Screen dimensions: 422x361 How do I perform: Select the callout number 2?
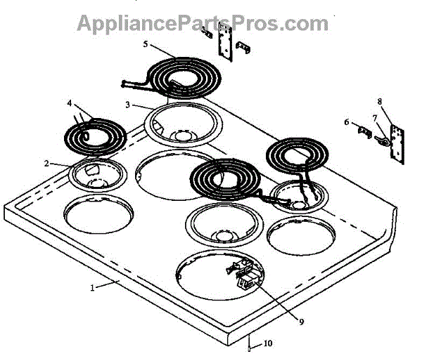point(46,163)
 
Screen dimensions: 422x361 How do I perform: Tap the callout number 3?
point(128,105)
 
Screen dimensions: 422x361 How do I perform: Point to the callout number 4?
point(70,103)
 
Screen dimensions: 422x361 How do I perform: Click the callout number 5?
point(146,44)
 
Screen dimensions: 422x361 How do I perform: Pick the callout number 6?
point(346,122)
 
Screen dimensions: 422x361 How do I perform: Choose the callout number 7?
point(375,117)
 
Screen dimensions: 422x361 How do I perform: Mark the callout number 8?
point(380,101)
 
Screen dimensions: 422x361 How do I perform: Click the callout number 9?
point(301,322)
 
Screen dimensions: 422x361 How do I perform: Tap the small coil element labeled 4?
point(93,133)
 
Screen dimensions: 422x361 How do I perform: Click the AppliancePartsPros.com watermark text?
point(202,22)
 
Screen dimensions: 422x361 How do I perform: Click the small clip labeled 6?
point(361,131)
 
